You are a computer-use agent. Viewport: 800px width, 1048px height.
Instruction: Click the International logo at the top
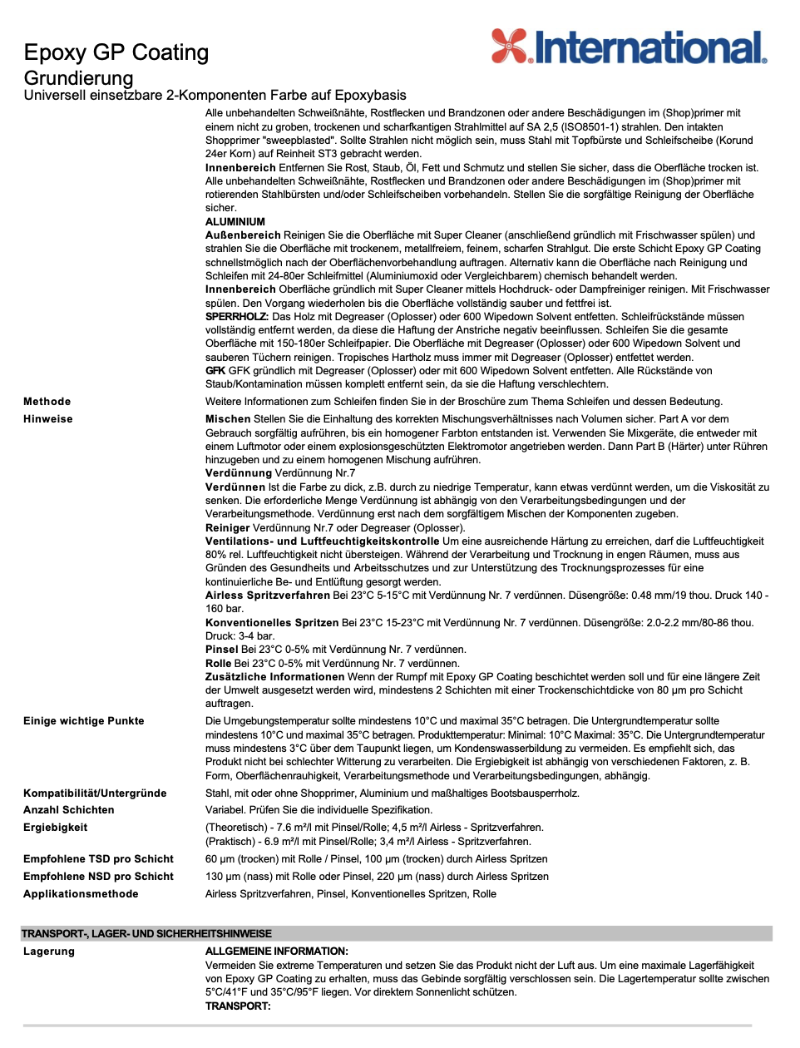(629, 47)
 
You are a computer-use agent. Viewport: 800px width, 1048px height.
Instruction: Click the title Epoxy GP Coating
(116, 52)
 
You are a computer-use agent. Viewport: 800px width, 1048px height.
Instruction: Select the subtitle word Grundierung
(79, 78)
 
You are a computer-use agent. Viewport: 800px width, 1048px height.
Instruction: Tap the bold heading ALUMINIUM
(235, 222)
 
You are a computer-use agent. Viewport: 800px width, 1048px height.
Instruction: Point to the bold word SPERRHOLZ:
(237, 317)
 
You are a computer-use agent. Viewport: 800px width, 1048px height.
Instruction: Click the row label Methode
(47, 402)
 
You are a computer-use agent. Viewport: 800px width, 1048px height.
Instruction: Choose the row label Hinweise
(48, 419)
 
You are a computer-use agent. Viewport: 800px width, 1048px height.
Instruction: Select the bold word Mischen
(228, 419)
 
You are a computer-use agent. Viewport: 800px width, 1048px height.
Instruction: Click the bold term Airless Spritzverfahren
(268, 596)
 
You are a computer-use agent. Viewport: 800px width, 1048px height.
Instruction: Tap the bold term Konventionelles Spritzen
(272, 623)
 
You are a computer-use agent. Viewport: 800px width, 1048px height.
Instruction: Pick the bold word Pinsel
(222, 650)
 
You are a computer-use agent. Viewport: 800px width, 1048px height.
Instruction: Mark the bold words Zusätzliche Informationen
(274, 677)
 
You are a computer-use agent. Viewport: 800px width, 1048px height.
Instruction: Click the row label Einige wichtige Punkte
(84, 721)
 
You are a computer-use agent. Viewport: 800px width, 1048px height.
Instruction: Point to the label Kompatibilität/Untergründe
(95, 793)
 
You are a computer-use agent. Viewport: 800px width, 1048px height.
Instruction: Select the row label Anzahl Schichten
(69, 810)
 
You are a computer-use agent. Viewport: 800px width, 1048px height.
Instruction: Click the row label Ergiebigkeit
(56, 828)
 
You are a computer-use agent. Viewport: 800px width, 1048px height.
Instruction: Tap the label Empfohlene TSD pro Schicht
(98, 859)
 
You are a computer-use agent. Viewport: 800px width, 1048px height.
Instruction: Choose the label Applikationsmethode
(81, 894)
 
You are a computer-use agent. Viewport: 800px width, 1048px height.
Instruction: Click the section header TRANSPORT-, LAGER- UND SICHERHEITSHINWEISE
(146, 934)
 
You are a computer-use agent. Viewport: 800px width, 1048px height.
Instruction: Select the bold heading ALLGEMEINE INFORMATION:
(277, 952)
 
